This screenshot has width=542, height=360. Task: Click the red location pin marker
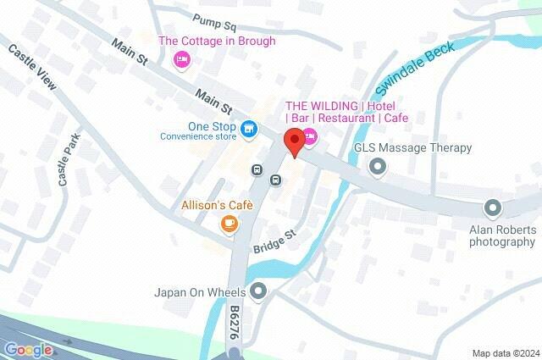click(x=294, y=142)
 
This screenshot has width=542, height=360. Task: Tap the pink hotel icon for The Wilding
click(x=310, y=136)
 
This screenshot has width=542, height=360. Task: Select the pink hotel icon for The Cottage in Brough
click(x=180, y=58)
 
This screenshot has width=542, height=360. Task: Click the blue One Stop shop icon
click(x=248, y=129)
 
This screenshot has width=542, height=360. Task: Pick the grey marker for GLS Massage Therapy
click(x=376, y=167)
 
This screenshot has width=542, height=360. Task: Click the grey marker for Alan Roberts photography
click(x=491, y=207)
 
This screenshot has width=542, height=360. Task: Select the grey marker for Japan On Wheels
click(x=258, y=291)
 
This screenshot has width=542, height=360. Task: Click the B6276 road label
click(x=234, y=324)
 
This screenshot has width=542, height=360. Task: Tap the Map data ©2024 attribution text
click(x=505, y=353)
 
